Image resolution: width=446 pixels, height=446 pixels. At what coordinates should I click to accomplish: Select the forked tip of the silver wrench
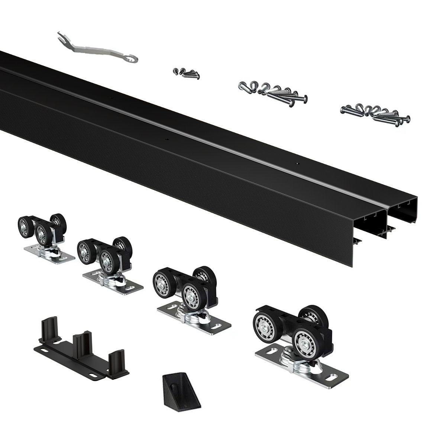coord(61,36)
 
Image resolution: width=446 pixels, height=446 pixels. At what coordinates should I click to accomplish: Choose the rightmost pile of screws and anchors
coord(375,113)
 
